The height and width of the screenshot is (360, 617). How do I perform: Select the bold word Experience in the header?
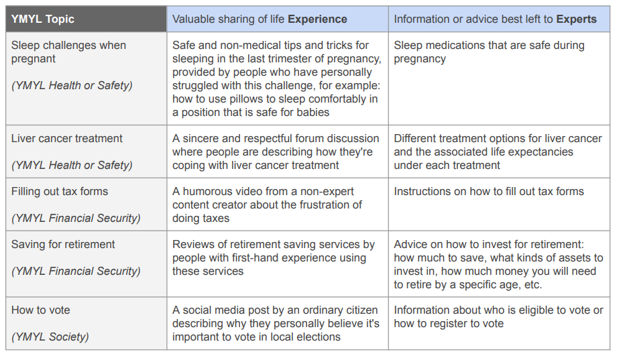click(x=317, y=19)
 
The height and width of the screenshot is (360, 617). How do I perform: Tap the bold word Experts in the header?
click(x=576, y=19)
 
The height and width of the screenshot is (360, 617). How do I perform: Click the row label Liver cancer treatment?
click(x=67, y=138)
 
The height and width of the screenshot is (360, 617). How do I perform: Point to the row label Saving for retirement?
click(x=63, y=244)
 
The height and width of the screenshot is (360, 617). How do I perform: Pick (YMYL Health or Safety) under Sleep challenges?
click(x=72, y=85)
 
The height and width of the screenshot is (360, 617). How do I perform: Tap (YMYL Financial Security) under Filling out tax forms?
click(x=76, y=218)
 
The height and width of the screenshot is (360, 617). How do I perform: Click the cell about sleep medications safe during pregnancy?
click(x=489, y=52)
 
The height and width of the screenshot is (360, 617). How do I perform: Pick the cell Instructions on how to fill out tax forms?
click(x=489, y=191)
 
